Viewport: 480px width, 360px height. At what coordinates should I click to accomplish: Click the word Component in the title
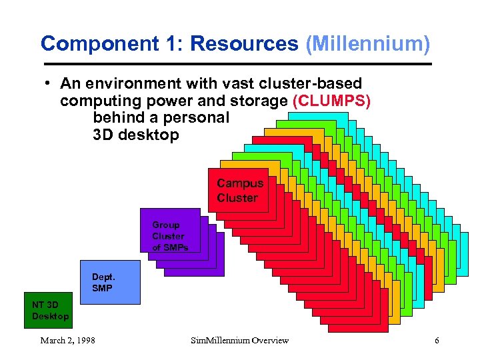point(99,44)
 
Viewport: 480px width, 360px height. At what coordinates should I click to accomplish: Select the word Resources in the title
point(244,44)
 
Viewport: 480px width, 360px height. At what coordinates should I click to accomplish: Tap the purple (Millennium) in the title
point(367,44)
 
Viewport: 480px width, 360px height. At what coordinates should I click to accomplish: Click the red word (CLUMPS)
point(331,101)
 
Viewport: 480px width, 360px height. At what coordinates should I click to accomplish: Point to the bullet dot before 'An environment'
point(49,84)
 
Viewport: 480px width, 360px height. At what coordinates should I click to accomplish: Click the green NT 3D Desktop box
point(50,310)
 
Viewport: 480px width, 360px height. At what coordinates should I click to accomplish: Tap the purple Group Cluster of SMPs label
point(169,236)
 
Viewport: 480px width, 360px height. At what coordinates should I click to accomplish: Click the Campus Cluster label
point(239,191)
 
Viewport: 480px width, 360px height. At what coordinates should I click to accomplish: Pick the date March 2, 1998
point(67,341)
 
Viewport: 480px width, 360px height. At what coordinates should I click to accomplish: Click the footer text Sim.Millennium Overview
point(239,341)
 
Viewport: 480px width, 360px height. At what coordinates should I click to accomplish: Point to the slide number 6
point(437,341)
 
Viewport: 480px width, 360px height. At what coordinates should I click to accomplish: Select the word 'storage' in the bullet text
point(263,101)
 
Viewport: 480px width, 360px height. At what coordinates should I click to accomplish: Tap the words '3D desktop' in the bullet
point(136,135)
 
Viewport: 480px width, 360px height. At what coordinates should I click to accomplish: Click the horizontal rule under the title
point(237,64)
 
